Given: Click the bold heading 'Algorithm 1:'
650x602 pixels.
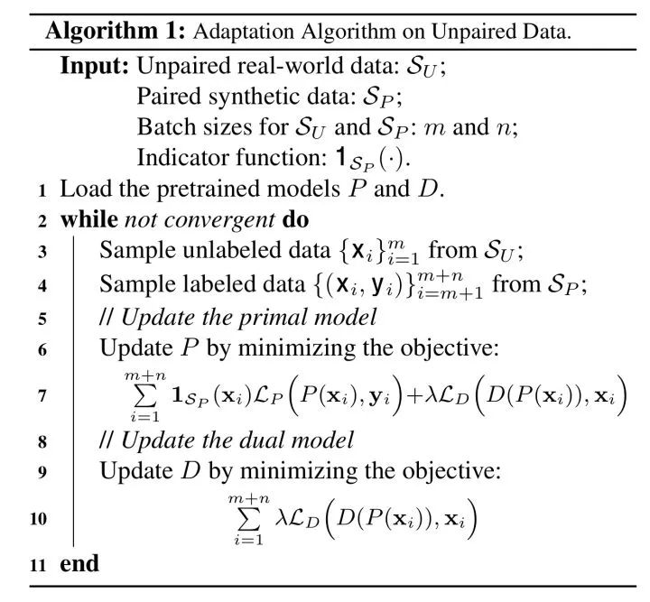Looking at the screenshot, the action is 116,32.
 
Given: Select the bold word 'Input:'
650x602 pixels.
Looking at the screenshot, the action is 95,66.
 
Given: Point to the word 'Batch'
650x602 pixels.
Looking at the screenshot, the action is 164,126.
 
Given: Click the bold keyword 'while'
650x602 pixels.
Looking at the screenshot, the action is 89,219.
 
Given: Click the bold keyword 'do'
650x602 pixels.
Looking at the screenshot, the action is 295,219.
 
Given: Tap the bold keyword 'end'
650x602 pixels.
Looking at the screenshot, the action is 79,564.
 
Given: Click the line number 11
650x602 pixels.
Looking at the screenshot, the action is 38,565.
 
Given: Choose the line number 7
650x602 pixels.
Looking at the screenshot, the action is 42,396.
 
